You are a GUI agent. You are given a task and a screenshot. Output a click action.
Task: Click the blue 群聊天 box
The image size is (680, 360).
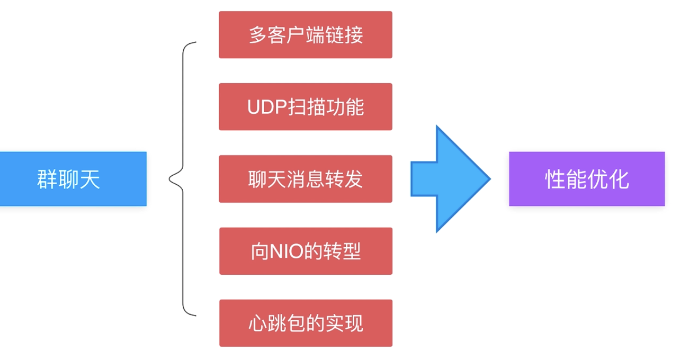coord(73,179)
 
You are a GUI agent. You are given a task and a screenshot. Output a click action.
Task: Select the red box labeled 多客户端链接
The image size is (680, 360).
coord(306,35)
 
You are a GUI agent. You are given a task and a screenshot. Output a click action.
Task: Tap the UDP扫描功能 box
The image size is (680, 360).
coord(306,107)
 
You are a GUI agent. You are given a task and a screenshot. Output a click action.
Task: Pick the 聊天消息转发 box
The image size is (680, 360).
coord(306,179)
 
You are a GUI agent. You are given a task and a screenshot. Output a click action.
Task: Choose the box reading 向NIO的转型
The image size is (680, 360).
coord(306,251)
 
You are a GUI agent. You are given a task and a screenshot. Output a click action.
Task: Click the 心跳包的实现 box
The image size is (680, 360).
coord(306,323)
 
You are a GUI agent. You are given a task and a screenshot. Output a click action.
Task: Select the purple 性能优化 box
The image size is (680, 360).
coord(587,179)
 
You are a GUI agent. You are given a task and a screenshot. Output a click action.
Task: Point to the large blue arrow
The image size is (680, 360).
coord(450,179)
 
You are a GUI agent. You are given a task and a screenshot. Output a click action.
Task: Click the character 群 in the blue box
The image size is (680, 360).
coord(47,179)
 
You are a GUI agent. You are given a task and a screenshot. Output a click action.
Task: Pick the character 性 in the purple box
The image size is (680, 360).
coord(554,179)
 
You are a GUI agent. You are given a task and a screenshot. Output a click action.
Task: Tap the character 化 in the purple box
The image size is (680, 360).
coord(619,179)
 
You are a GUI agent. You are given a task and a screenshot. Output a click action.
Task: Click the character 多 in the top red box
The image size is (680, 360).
coord(258,35)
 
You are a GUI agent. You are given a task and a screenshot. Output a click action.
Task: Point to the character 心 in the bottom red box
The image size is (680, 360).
coord(258,323)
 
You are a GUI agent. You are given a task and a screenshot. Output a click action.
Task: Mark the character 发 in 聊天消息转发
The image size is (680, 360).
coord(354,179)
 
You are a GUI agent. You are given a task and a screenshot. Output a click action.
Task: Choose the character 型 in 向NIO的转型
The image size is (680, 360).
coord(352,251)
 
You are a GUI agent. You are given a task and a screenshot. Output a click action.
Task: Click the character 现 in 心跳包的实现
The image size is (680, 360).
coord(354,323)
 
